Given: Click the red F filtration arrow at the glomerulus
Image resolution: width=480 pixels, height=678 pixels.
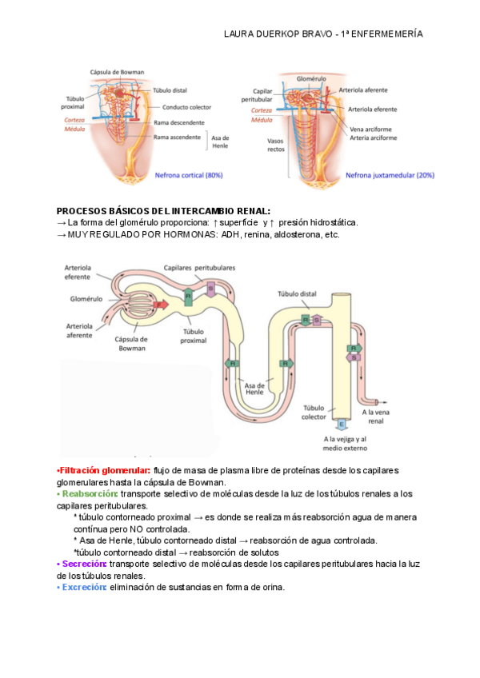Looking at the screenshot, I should (x=159, y=305).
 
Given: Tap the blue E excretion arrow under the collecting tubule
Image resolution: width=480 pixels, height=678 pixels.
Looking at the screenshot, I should (x=342, y=424).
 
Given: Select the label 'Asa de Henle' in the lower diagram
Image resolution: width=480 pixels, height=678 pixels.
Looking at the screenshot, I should (x=254, y=388).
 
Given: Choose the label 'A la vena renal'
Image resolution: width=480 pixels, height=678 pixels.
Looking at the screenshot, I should (x=376, y=416).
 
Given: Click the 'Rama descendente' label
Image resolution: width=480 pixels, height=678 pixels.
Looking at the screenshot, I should (x=178, y=122).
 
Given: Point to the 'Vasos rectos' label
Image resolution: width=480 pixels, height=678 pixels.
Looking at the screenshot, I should (x=275, y=145).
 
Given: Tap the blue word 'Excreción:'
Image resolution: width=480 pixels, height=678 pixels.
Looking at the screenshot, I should (x=83, y=588).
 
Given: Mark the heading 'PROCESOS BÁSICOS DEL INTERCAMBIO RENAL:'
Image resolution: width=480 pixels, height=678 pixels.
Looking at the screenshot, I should (x=163, y=210).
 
